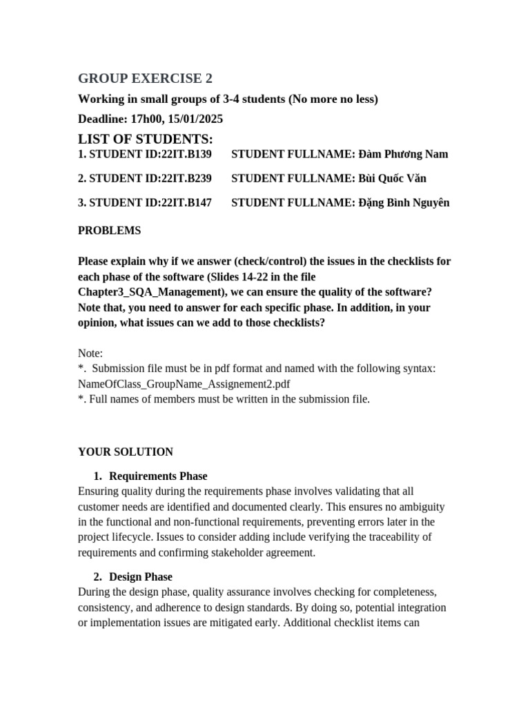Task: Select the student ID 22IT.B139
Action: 185,154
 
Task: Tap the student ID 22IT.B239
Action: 185,178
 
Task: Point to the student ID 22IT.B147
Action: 185,202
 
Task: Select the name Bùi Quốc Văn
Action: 393,178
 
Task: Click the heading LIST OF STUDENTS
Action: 145,139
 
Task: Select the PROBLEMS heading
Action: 109,231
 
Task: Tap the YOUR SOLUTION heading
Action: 126,452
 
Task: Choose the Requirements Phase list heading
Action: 158,476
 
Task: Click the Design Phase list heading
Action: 141,577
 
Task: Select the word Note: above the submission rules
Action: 90,353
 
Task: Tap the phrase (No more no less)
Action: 333,99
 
